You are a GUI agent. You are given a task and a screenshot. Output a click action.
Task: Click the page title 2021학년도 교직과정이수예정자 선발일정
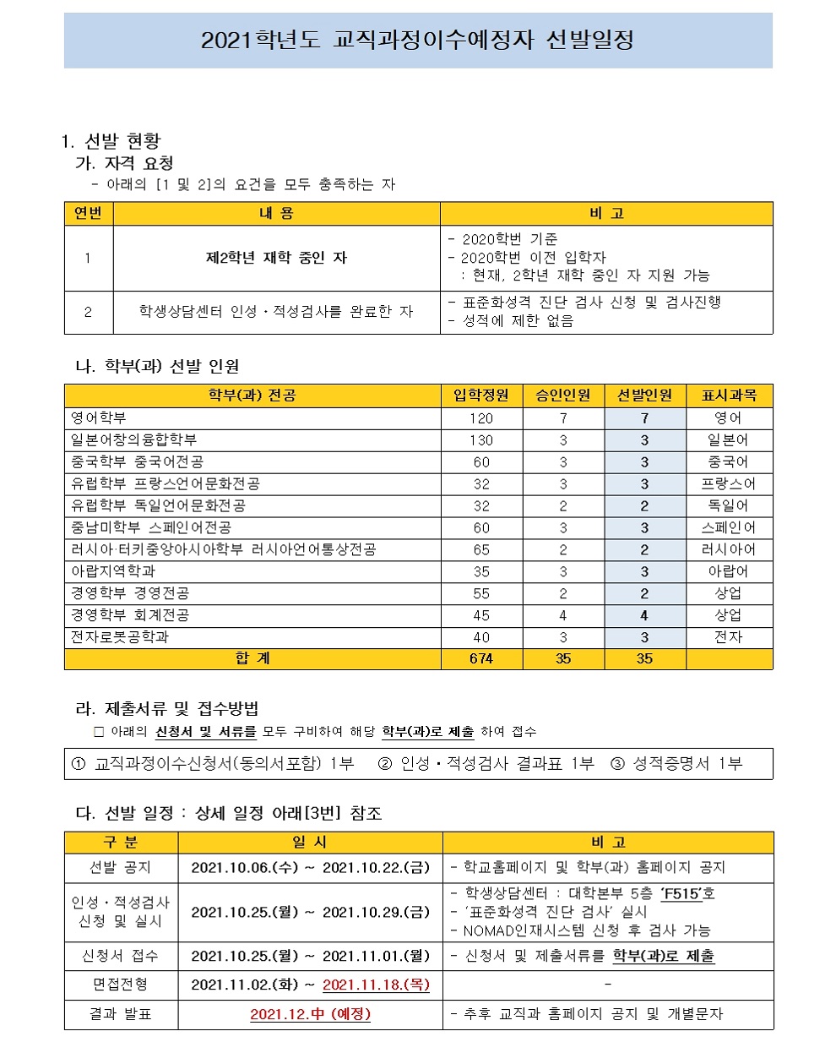[x=417, y=41]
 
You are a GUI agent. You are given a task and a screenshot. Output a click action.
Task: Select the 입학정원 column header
[x=480, y=396]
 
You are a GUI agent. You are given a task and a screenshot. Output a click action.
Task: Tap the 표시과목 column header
[x=729, y=396]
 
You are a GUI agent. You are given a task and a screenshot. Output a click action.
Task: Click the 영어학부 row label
[x=99, y=418]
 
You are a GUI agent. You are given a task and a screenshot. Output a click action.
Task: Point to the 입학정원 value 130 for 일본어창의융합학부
[x=480, y=440]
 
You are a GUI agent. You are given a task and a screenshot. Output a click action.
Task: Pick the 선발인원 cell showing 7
[x=644, y=418]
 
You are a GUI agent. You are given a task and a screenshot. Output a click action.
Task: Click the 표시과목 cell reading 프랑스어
[x=728, y=484]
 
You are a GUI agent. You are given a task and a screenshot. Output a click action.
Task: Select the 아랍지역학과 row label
[x=113, y=571]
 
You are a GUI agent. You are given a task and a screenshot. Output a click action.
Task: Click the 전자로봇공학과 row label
[x=120, y=637]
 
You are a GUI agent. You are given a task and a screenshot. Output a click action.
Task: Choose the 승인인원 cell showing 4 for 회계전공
[x=563, y=615]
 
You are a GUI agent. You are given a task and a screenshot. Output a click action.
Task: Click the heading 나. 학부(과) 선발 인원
[x=158, y=366]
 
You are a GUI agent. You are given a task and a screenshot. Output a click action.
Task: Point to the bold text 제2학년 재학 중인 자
[x=276, y=258]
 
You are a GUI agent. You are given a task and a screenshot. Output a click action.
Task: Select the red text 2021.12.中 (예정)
[x=310, y=1014]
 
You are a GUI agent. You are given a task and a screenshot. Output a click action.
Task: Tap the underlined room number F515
[x=681, y=893]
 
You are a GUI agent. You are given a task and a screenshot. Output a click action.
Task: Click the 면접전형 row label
[x=121, y=985]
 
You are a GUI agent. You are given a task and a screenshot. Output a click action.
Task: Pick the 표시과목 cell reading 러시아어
[x=728, y=549]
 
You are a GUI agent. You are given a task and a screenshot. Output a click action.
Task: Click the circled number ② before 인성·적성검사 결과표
[x=385, y=764]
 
